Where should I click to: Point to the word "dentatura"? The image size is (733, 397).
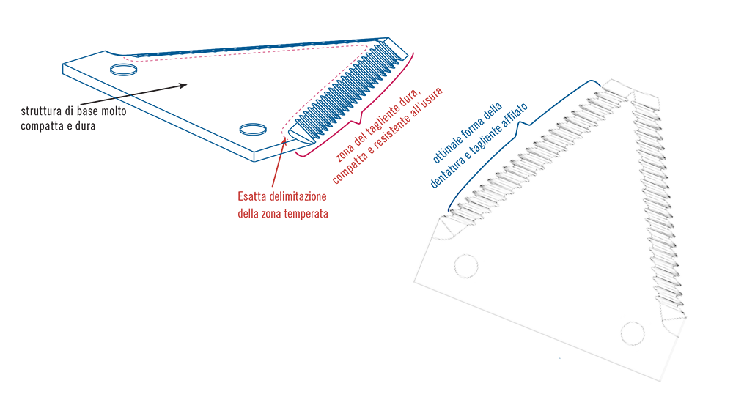click(446, 174)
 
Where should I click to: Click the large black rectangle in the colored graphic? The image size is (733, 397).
click(73, 161)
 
